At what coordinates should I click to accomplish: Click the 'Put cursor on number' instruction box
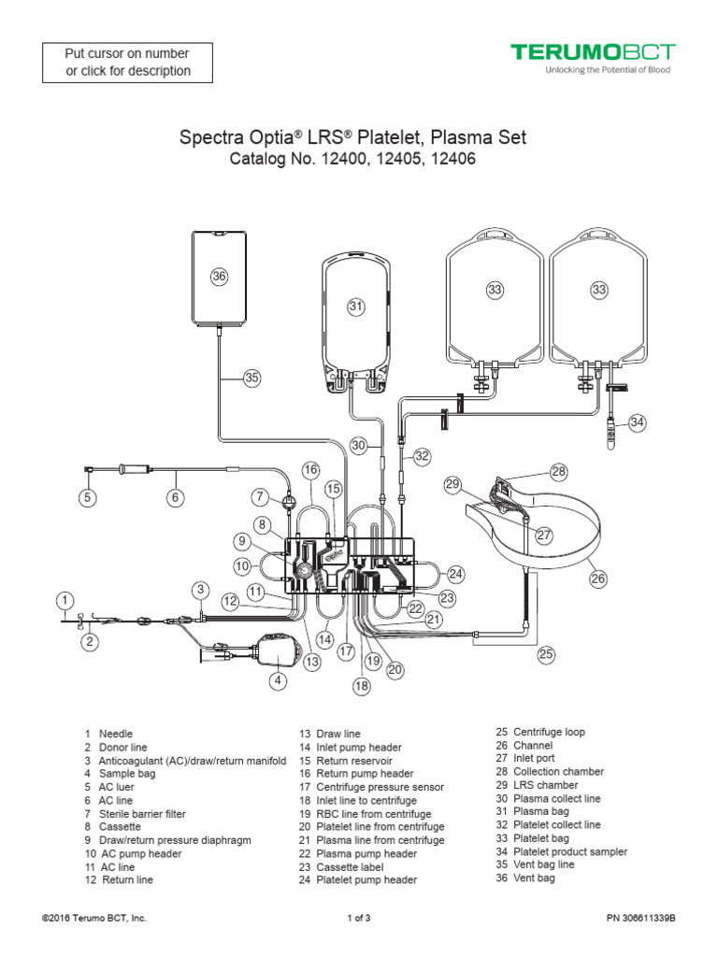[127, 61]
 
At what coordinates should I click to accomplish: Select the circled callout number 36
[219, 276]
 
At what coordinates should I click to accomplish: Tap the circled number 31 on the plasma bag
[355, 306]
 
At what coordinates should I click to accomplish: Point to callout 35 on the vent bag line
[251, 379]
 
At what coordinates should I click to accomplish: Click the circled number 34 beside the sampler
[637, 422]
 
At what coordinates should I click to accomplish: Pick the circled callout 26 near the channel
[598, 578]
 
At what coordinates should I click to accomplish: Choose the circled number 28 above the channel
[558, 473]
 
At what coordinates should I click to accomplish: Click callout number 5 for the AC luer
[87, 498]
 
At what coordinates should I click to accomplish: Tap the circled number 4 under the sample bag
[278, 680]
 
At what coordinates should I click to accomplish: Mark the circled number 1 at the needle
[64, 599]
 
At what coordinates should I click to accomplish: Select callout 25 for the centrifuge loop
[546, 654]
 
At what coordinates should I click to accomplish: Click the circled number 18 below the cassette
[361, 686]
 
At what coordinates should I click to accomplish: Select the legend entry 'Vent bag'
[534, 878]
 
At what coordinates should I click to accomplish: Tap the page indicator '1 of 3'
[358, 918]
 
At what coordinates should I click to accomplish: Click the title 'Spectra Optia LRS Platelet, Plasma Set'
[352, 137]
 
